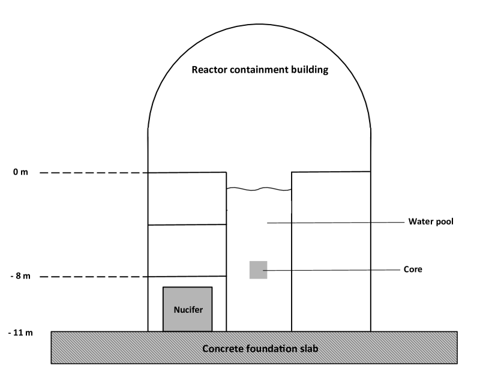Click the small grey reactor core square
click(258, 270)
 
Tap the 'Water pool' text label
click(431, 221)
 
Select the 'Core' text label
click(412, 270)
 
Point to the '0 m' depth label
click(20, 172)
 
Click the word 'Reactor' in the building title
click(208, 69)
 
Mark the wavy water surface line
click(259, 190)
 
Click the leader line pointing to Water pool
click(336, 222)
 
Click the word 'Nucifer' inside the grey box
click(187, 310)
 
